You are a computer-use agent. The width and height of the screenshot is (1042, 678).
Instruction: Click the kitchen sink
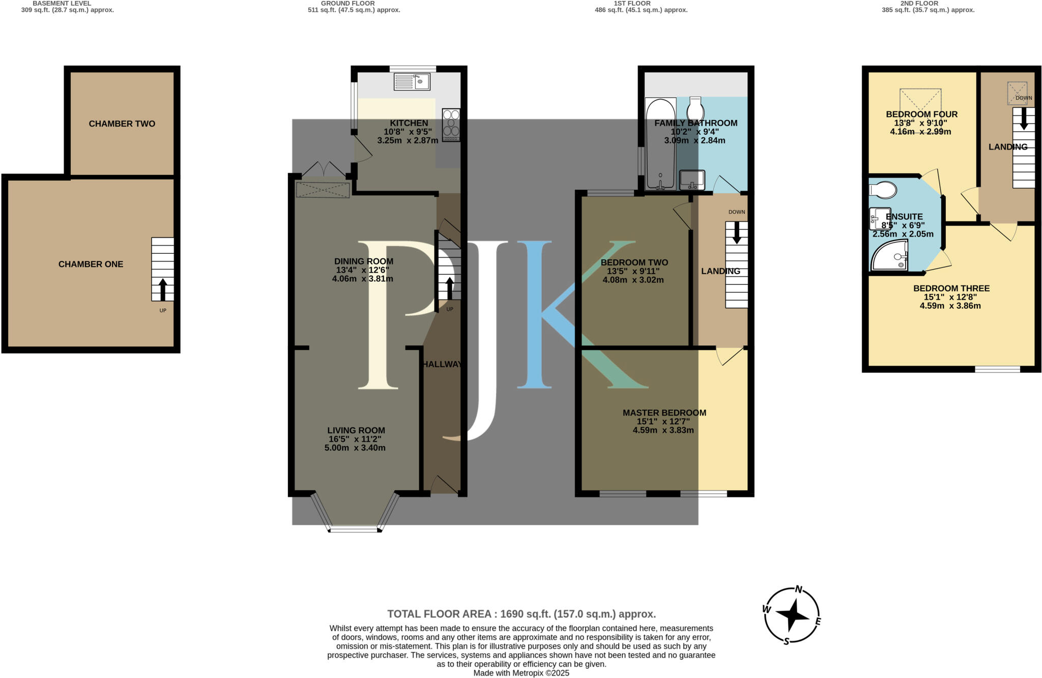(x=412, y=82)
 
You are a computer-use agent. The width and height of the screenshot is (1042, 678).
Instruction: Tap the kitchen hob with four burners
(x=451, y=125)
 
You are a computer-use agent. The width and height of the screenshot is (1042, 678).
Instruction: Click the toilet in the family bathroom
(x=696, y=108)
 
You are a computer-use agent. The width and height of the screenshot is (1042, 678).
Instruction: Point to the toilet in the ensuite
(x=883, y=190)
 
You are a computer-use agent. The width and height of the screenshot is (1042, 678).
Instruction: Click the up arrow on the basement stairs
(x=163, y=289)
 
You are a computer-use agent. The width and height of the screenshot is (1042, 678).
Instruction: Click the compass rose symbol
(x=792, y=615)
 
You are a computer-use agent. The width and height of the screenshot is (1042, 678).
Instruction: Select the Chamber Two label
(x=122, y=124)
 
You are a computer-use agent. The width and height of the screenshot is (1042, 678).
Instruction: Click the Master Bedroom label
(x=664, y=412)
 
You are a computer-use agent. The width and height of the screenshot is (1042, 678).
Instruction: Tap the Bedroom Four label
(x=921, y=114)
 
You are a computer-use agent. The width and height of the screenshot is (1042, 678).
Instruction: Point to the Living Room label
(x=356, y=430)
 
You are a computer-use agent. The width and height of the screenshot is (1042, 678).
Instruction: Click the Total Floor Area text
(x=521, y=614)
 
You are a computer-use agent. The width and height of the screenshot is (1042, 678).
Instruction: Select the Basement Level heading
(x=62, y=4)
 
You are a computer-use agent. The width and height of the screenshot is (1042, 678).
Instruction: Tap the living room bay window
(x=355, y=529)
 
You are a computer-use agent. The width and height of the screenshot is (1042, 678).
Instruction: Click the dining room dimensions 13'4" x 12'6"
(x=363, y=270)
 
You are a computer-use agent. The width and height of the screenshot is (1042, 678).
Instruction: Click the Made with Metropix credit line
(x=521, y=673)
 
